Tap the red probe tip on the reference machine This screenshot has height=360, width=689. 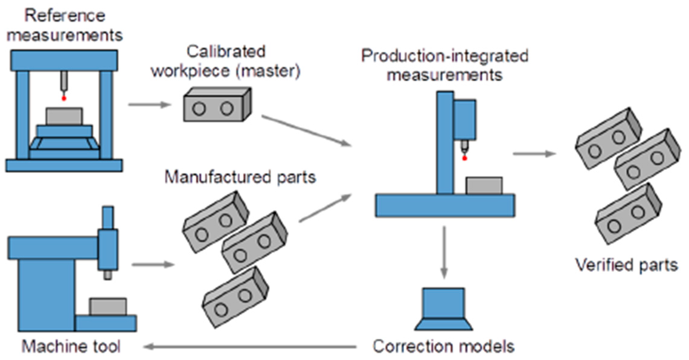[64, 98]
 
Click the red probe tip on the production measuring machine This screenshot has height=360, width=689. [464, 158]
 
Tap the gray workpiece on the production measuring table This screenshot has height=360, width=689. [484, 185]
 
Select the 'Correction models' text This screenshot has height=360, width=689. [443, 346]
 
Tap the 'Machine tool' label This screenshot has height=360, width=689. [72, 347]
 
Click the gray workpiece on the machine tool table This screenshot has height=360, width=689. [107, 306]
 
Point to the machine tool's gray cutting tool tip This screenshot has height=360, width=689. [107, 275]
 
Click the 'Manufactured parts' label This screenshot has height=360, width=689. [240, 178]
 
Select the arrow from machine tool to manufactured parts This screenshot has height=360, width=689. [152, 265]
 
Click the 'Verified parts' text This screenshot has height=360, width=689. [626, 265]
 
